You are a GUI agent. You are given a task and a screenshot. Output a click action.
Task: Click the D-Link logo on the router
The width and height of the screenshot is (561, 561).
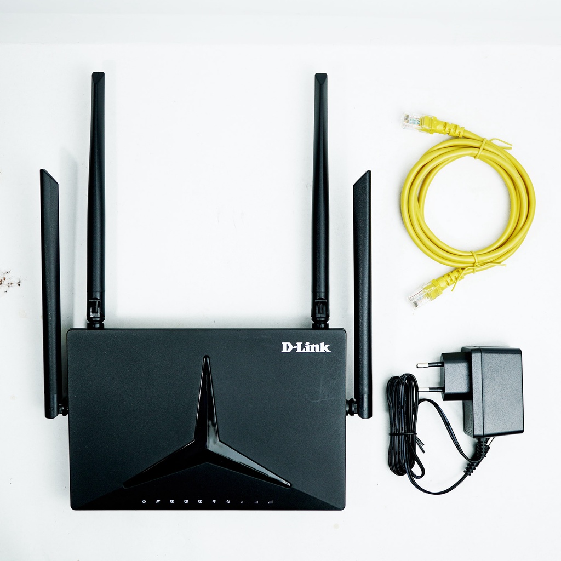click(x=306, y=347)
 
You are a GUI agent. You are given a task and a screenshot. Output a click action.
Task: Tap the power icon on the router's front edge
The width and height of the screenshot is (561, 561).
click(x=144, y=501)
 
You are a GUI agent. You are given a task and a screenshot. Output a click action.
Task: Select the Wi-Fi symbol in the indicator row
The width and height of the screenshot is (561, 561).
click(x=214, y=501)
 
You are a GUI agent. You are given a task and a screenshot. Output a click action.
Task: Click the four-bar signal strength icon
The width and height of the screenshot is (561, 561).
click(x=270, y=501)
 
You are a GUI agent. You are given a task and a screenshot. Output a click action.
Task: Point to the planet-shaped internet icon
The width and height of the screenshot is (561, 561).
click(x=158, y=501)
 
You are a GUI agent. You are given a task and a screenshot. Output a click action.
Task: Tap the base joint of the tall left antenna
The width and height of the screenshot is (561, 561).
click(x=95, y=312)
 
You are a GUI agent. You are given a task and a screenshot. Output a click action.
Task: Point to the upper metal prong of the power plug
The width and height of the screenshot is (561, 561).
click(x=429, y=364)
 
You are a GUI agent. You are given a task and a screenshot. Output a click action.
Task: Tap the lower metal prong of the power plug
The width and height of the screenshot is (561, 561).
click(x=430, y=390)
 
